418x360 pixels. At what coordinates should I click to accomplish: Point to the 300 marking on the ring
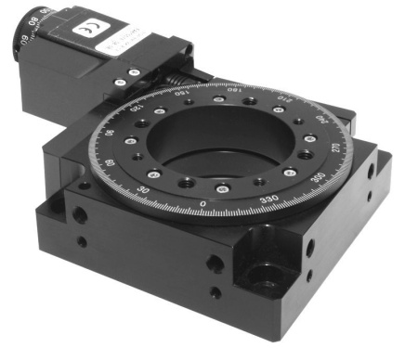(x=320, y=174)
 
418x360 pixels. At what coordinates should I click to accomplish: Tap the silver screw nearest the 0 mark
(x=221, y=189)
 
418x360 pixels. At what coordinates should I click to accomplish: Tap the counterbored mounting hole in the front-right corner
(x=269, y=275)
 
